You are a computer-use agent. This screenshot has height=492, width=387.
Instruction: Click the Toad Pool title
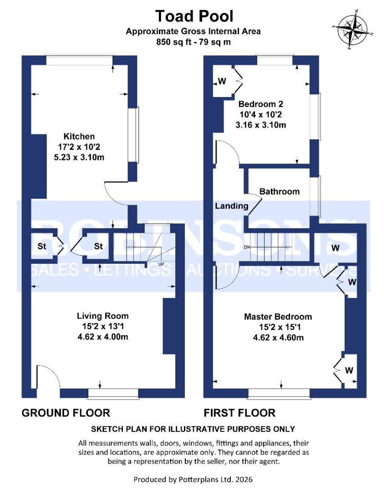(194, 16)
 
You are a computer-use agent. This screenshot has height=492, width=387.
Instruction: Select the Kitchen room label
(79, 136)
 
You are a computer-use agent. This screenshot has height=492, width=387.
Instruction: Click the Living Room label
(102, 316)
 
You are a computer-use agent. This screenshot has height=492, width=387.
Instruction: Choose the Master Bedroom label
(278, 317)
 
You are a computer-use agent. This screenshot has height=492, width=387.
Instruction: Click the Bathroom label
(280, 191)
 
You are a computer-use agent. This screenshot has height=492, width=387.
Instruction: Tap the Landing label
(231, 206)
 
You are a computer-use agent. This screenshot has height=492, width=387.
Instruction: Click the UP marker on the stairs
(161, 264)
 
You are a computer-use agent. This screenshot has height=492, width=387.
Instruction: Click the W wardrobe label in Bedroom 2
(222, 82)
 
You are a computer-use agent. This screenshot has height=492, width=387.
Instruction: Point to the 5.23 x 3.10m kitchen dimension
(79, 157)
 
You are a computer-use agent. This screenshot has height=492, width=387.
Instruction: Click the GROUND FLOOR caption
(66, 413)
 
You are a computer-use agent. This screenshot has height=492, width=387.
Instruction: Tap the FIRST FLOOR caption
(239, 413)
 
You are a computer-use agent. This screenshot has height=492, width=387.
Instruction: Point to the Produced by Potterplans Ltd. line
(193, 479)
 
